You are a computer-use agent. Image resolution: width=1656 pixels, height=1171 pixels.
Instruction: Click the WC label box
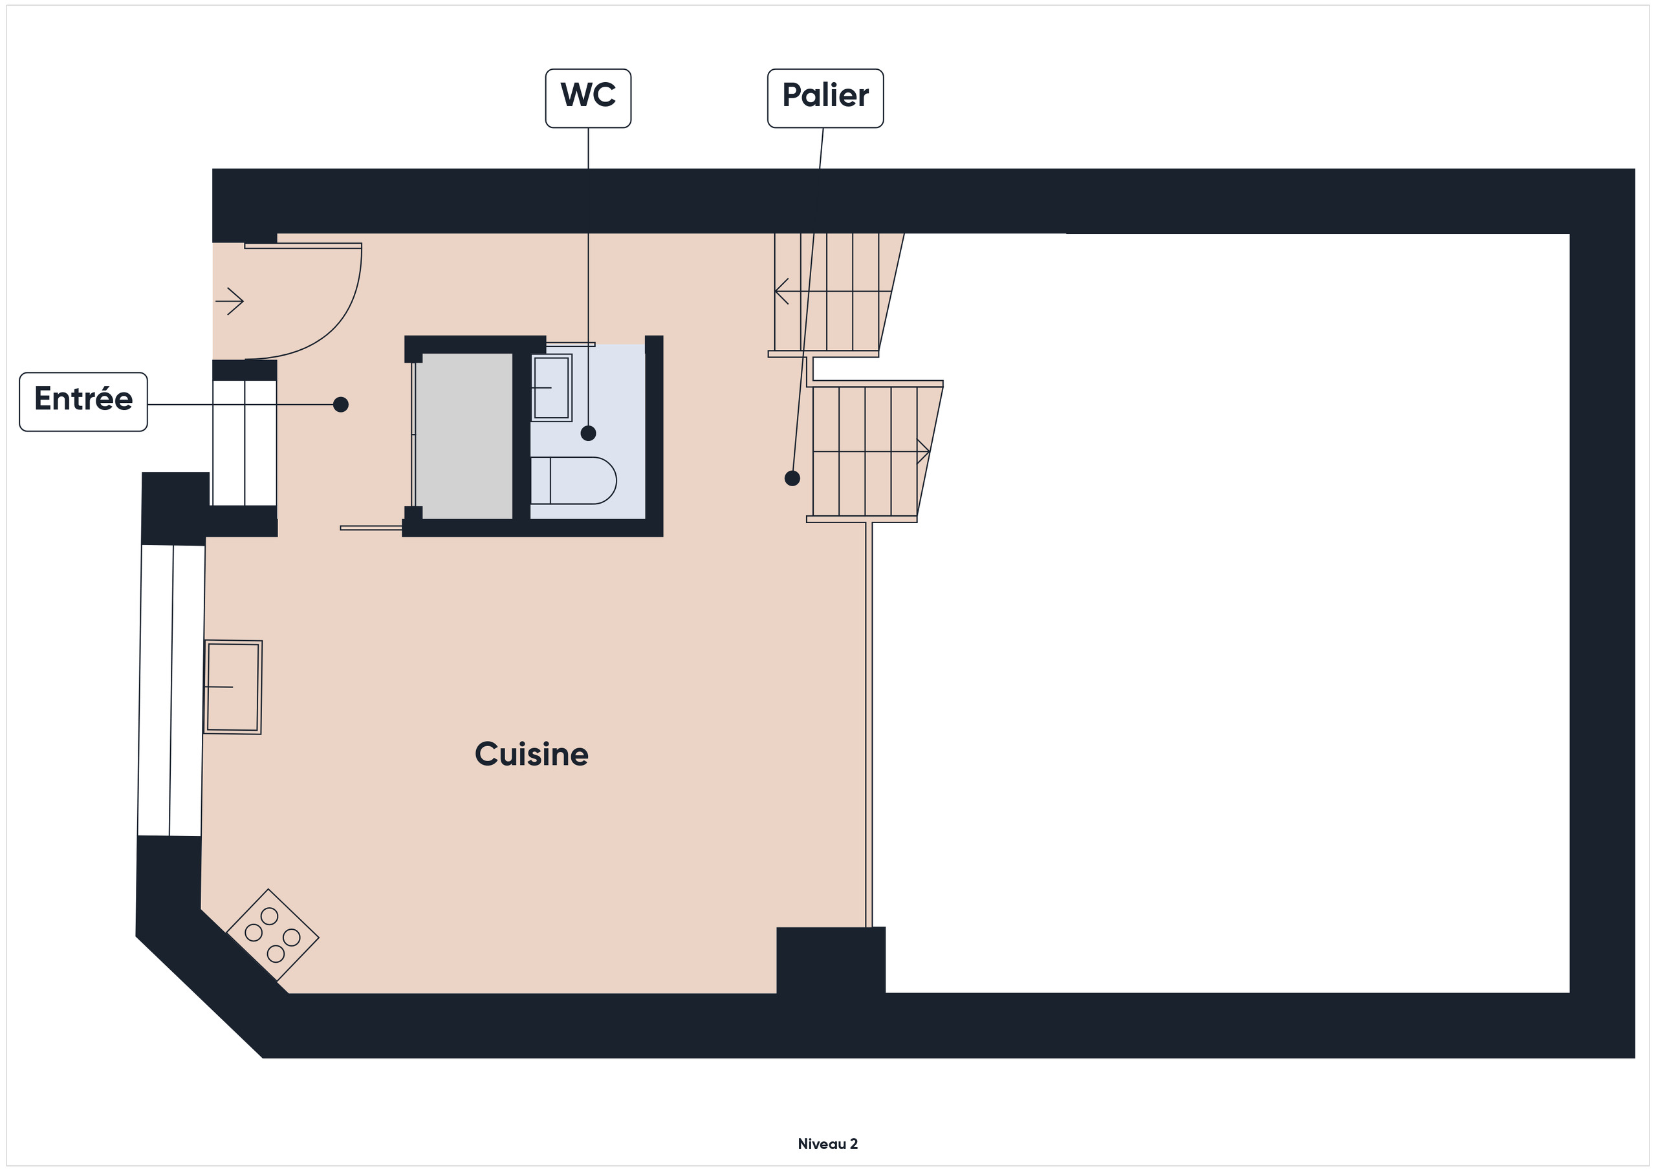click(x=588, y=98)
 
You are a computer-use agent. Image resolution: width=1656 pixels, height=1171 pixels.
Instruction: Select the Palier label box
click(x=825, y=98)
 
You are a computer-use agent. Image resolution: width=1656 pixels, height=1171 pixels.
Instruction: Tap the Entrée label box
click(x=83, y=402)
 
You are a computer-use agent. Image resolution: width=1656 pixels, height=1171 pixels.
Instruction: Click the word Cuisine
click(x=532, y=754)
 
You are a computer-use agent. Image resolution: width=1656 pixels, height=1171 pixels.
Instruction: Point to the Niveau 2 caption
click(x=827, y=1144)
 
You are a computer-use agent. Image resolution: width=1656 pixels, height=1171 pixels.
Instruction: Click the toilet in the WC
click(x=573, y=480)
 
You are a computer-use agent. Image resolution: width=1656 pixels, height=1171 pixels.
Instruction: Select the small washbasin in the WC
click(x=552, y=387)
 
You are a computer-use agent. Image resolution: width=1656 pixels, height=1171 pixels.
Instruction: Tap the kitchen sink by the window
click(x=233, y=687)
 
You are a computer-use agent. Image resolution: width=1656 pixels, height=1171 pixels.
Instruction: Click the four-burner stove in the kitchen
click(x=272, y=934)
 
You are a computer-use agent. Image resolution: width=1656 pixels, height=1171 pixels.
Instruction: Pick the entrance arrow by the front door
click(x=230, y=301)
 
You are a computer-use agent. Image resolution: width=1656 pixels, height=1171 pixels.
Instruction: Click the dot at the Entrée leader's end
click(x=341, y=405)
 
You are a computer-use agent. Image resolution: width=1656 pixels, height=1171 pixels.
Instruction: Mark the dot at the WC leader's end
click(x=589, y=433)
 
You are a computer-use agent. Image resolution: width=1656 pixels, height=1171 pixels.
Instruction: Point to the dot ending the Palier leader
click(x=792, y=478)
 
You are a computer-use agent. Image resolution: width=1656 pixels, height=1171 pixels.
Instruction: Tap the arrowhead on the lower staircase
click(x=924, y=451)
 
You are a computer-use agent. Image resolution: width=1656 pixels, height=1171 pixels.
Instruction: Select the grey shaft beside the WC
click(x=464, y=436)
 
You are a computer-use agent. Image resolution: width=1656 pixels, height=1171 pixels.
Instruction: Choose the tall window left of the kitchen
click(x=171, y=690)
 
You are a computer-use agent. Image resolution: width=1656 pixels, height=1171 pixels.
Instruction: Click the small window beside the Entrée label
click(x=245, y=443)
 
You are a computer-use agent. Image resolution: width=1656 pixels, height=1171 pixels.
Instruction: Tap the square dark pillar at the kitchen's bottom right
click(x=831, y=960)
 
